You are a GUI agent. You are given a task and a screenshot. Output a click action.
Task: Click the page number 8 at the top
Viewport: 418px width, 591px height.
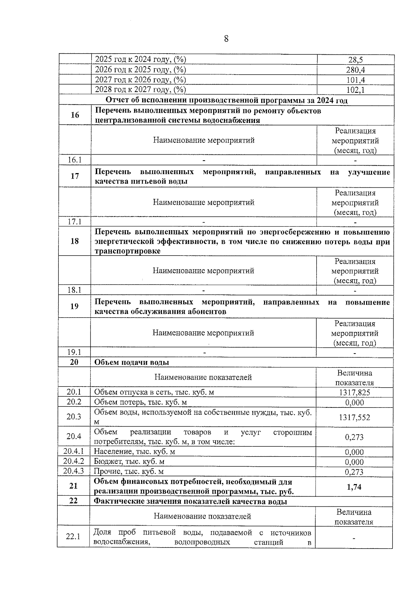pos(226,39)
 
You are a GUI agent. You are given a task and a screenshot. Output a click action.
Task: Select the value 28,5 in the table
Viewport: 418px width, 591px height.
pos(355,60)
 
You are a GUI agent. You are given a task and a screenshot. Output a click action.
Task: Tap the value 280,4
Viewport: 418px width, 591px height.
pos(355,70)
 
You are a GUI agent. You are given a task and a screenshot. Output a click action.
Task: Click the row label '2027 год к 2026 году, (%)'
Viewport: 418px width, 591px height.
pos(141,80)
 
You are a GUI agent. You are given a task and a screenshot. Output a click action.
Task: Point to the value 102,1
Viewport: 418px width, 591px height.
pos(355,90)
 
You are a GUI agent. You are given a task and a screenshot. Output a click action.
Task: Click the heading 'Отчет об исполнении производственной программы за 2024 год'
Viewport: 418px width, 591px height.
pos(226,100)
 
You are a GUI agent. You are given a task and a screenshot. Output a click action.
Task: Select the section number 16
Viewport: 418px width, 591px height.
pos(75,115)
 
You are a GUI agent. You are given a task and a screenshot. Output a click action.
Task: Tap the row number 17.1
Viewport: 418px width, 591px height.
pos(75,221)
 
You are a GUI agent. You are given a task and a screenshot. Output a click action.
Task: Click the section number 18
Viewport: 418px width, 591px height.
pos(75,241)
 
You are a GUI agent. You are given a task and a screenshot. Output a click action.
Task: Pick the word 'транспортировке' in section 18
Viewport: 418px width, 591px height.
pos(127,251)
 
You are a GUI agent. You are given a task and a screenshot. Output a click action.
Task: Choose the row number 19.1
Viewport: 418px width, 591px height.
pos(74,352)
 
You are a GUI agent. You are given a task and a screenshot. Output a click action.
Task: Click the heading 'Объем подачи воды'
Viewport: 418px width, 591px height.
pos(132,362)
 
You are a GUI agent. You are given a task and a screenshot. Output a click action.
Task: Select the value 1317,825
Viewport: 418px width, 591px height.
pos(355,393)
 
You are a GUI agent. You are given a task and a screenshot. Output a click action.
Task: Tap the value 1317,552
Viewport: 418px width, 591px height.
pos(355,417)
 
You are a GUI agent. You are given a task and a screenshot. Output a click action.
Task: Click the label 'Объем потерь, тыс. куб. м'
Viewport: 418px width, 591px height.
pos(141,402)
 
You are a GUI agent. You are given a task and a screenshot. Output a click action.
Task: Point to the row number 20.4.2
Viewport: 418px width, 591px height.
pos(74,461)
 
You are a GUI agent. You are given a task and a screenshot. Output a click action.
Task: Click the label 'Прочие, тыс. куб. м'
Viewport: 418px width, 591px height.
pos(129,472)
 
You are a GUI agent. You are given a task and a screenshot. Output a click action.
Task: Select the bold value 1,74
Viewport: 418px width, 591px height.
pos(354,487)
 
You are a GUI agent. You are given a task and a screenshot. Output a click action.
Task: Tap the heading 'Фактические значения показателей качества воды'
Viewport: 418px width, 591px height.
pos(191,501)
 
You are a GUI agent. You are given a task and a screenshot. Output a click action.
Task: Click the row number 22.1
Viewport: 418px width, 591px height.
pos(73,536)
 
